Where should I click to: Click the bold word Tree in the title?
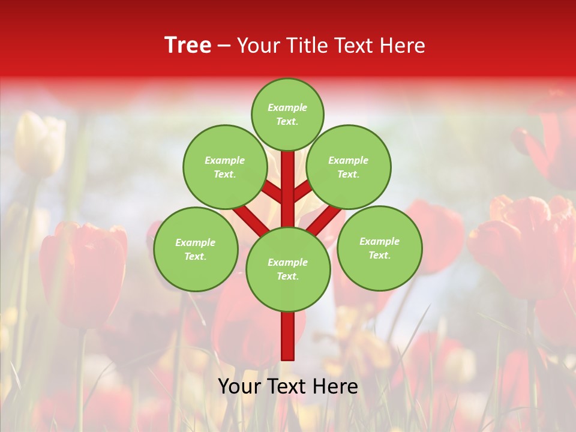click(188, 45)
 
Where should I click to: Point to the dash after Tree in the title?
click(224, 46)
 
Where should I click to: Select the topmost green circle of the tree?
click(287, 114)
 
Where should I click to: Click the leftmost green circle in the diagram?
click(196, 249)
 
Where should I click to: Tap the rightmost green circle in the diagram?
click(379, 248)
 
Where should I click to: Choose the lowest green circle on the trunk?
click(288, 269)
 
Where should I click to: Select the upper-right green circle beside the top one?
click(348, 167)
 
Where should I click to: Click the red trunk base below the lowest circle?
click(288, 336)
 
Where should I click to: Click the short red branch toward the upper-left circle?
click(272, 191)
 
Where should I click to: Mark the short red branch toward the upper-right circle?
click(303, 191)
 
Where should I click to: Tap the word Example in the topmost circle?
click(287, 108)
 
